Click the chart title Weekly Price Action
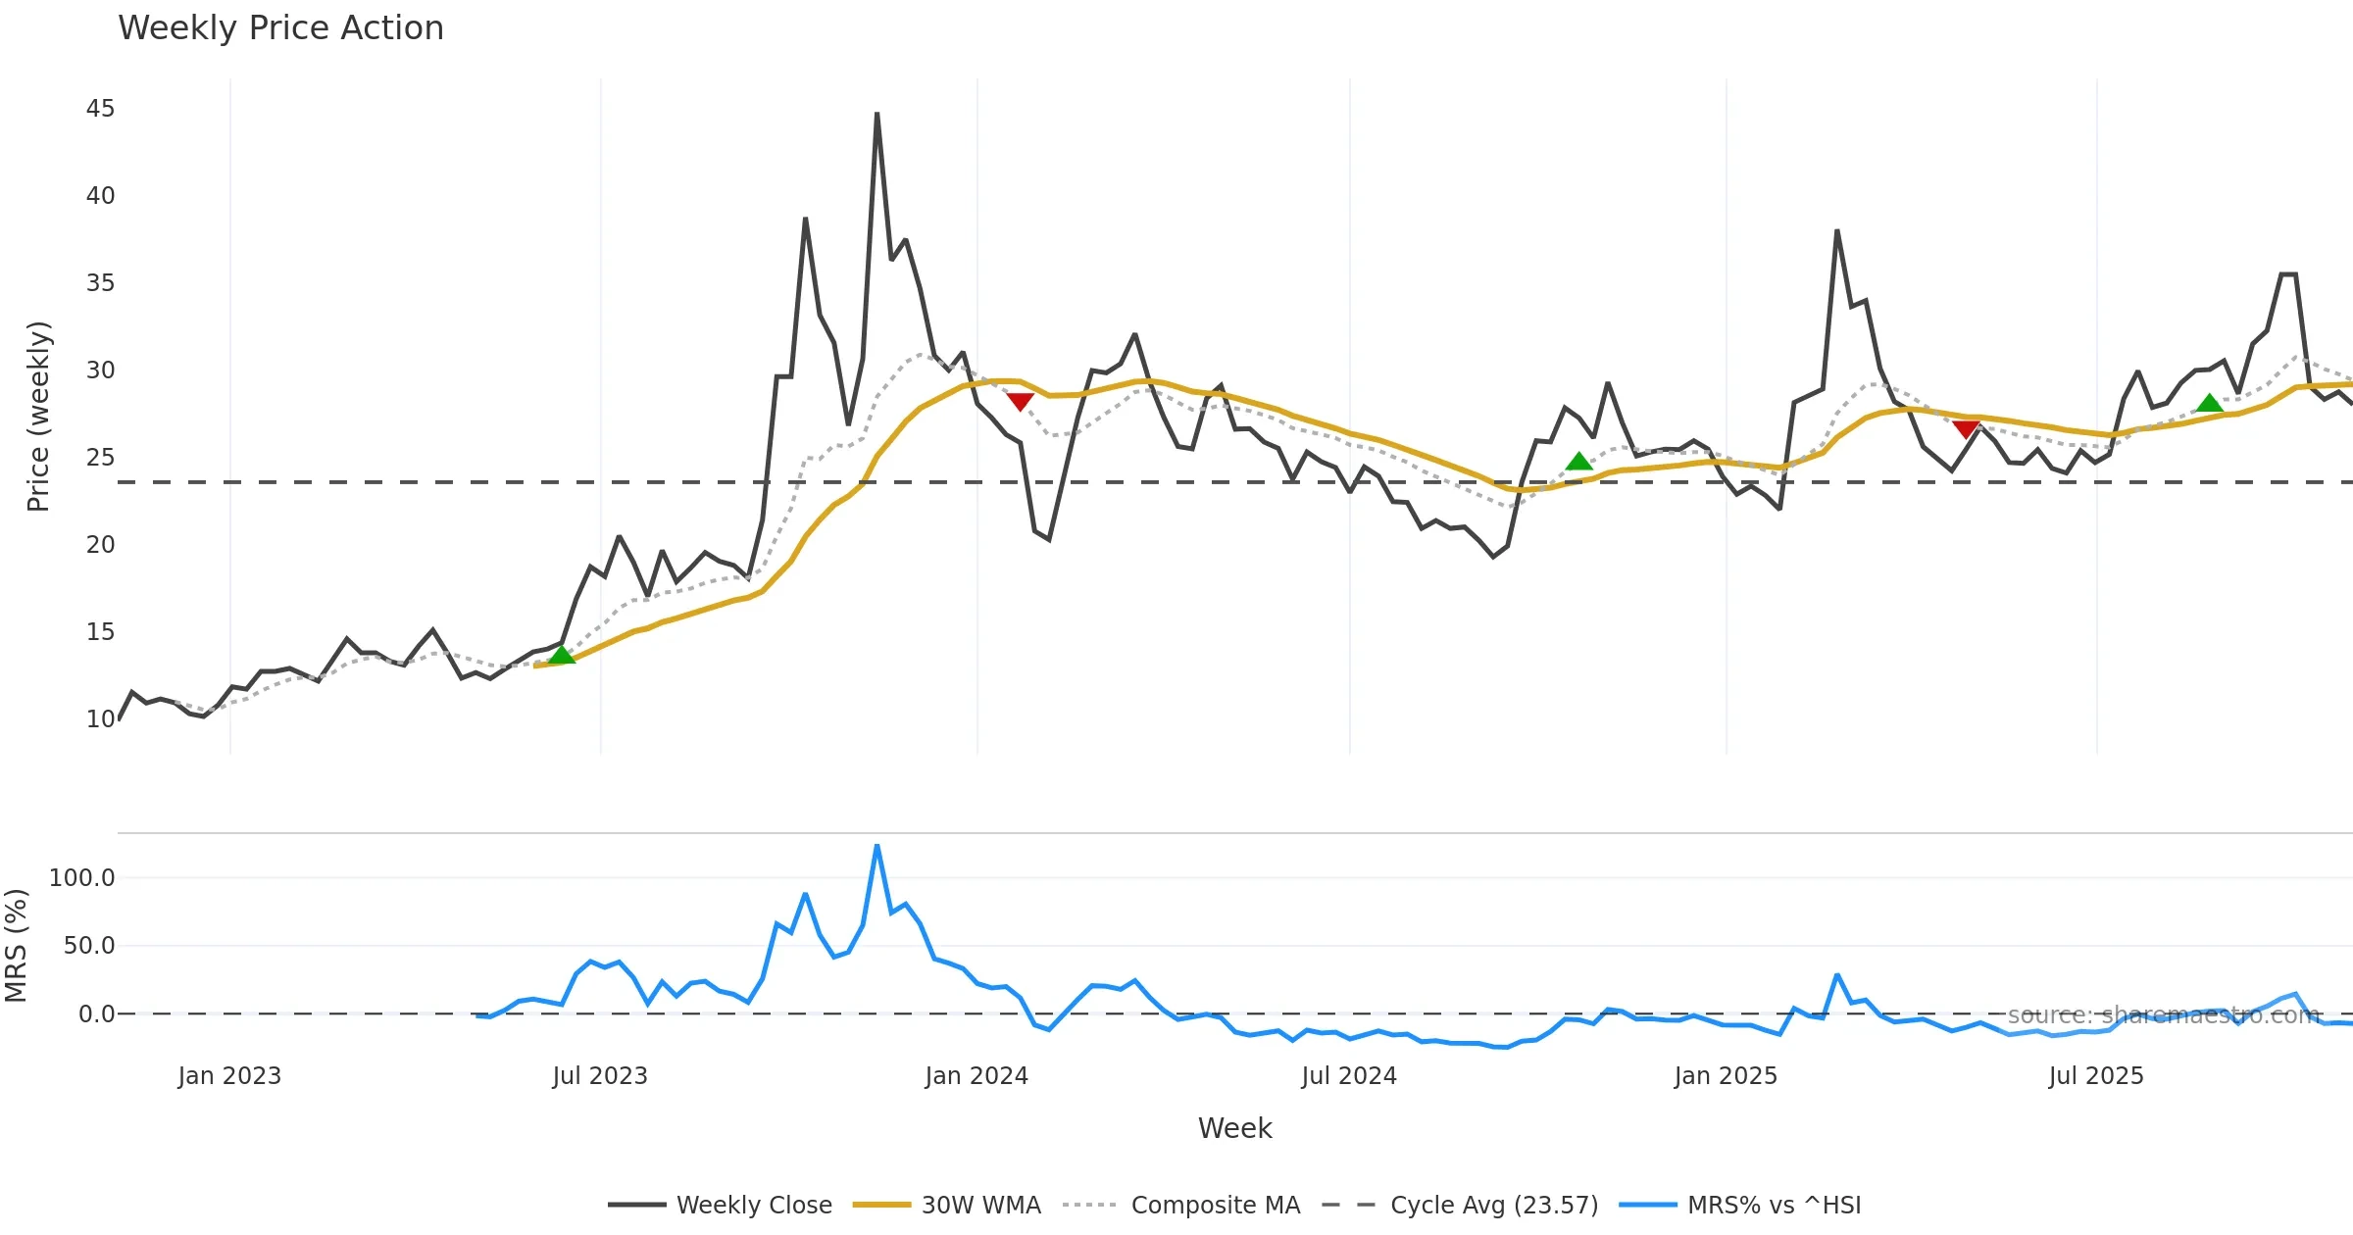tap(280, 28)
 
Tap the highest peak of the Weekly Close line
tap(876, 115)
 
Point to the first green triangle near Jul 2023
tap(562, 655)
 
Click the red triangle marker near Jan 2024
tap(1020, 402)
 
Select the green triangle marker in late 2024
tap(1578, 462)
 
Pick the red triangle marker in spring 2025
tap(1966, 429)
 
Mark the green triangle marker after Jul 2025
tap(2209, 404)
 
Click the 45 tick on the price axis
tap(100, 109)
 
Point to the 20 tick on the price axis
tap(100, 545)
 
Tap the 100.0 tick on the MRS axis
tap(82, 878)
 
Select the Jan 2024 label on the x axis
tap(976, 1076)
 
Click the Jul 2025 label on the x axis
tap(2096, 1076)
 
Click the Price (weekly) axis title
tap(38, 417)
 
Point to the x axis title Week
tap(1234, 1129)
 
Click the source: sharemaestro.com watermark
tap(2164, 1015)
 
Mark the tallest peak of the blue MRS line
tap(876, 846)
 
